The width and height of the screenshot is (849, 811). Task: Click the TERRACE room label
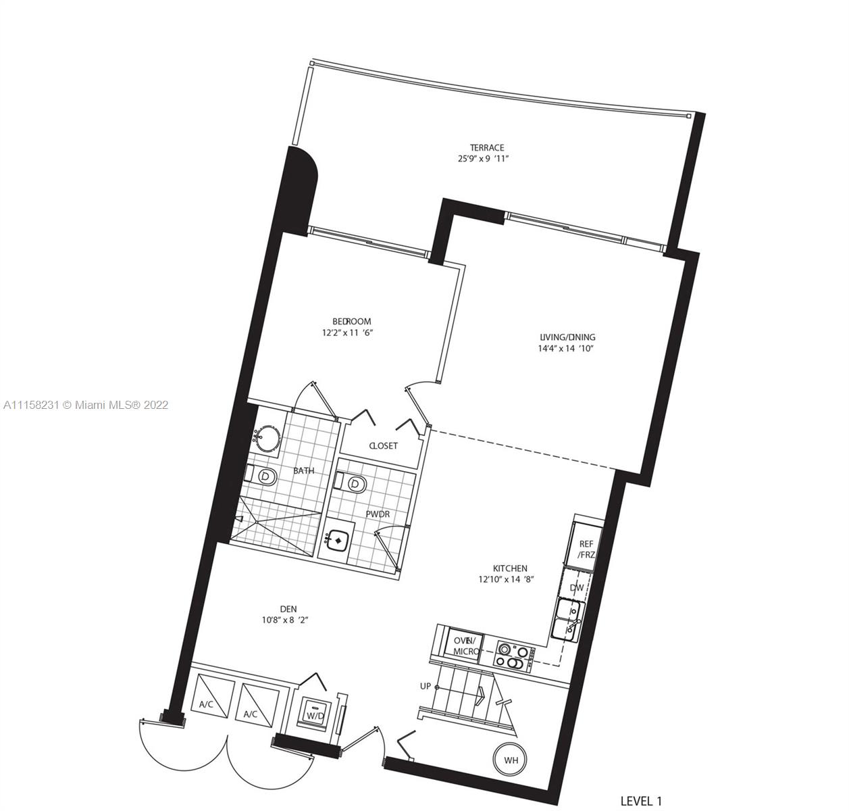click(487, 147)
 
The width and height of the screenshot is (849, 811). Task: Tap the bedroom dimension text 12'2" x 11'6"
click(348, 333)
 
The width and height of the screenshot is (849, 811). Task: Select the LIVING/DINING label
click(567, 337)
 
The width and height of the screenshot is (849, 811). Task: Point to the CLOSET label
click(384, 445)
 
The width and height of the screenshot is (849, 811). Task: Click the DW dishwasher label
click(577, 587)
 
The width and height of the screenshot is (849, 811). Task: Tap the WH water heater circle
click(510, 760)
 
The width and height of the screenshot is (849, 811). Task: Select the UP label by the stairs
click(426, 687)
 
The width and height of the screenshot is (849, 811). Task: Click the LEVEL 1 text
click(641, 801)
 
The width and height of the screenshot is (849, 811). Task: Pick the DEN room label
click(288, 609)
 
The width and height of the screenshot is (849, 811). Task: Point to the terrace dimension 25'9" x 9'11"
click(484, 158)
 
